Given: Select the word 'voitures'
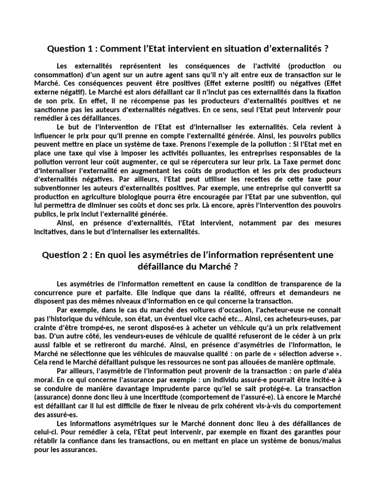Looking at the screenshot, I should (176, 310).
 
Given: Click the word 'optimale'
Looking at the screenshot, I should (319, 363).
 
